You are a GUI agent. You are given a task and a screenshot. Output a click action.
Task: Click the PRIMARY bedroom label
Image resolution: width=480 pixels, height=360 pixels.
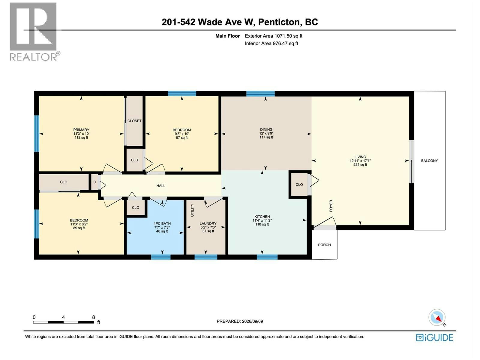81,130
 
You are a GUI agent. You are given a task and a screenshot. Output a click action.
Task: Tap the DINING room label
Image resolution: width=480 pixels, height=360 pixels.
266,129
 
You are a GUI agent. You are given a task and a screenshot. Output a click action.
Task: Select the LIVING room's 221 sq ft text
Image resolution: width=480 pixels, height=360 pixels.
360,165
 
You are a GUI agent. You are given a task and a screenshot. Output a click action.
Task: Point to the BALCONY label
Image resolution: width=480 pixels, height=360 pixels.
429,161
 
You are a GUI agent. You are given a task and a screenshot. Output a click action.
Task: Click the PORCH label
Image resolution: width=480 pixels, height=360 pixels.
324,245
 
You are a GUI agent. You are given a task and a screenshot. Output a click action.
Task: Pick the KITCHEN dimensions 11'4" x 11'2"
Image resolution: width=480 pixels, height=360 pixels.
262,220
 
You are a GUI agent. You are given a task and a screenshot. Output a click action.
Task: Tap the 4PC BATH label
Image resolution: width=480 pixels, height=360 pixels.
162,223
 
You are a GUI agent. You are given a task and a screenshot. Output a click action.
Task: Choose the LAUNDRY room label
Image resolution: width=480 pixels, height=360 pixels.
208,223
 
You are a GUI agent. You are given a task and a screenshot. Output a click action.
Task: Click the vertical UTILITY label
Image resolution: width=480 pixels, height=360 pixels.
192,210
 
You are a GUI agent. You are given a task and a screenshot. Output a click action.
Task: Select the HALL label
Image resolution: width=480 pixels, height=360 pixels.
160,186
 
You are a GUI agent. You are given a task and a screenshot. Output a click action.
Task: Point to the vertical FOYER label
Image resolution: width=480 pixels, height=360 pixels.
331,206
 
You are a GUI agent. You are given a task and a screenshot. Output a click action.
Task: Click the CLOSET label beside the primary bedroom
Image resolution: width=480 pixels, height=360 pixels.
134,121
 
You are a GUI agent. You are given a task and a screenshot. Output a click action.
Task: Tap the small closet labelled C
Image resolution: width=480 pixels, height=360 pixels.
94,182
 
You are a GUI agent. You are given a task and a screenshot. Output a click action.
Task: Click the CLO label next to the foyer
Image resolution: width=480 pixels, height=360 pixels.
299,184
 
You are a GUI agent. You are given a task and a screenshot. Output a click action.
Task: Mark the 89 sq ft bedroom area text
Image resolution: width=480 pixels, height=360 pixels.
79,228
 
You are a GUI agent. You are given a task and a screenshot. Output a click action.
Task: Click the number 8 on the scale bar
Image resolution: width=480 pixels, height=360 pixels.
93,317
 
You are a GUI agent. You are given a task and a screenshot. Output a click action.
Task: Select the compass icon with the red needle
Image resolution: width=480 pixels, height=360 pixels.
437,317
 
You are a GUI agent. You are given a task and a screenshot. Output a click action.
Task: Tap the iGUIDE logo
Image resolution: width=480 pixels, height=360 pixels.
434,338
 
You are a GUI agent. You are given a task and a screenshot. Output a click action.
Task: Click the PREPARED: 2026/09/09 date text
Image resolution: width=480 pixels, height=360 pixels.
240,321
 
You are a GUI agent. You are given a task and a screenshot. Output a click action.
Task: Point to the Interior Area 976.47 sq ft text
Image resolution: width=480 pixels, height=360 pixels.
271,43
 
